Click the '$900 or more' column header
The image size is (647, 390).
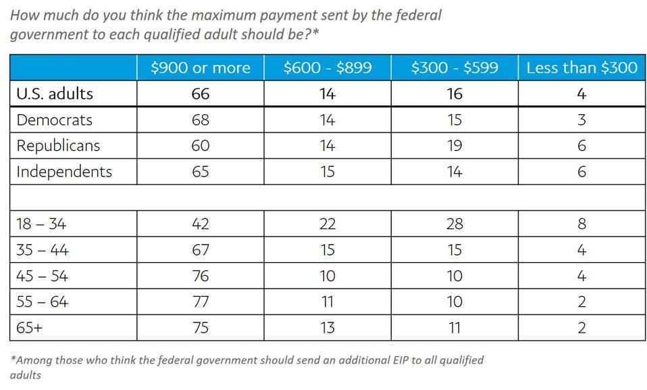[x=200, y=68]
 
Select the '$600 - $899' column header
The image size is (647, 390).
[x=327, y=68]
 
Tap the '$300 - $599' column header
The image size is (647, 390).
[x=455, y=68]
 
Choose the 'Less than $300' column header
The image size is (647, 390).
[x=581, y=68]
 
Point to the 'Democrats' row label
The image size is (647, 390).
[x=54, y=120]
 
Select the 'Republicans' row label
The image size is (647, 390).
[x=58, y=146]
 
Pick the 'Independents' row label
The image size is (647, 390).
[x=64, y=172]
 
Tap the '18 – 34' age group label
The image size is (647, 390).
[x=41, y=224]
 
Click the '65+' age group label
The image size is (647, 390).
[x=31, y=328]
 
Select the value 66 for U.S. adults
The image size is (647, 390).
[x=200, y=94]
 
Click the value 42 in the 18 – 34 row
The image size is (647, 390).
[x=200, y=224]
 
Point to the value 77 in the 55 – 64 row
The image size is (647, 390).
[x=200, y=302]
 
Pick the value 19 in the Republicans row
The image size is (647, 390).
[x=455, y=146]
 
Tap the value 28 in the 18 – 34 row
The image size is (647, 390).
[x=455, y=224]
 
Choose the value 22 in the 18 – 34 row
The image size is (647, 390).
[x=327, y=224]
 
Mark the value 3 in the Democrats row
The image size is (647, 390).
[x=581, y=120]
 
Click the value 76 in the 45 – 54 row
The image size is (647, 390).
[x=200, y=276]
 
